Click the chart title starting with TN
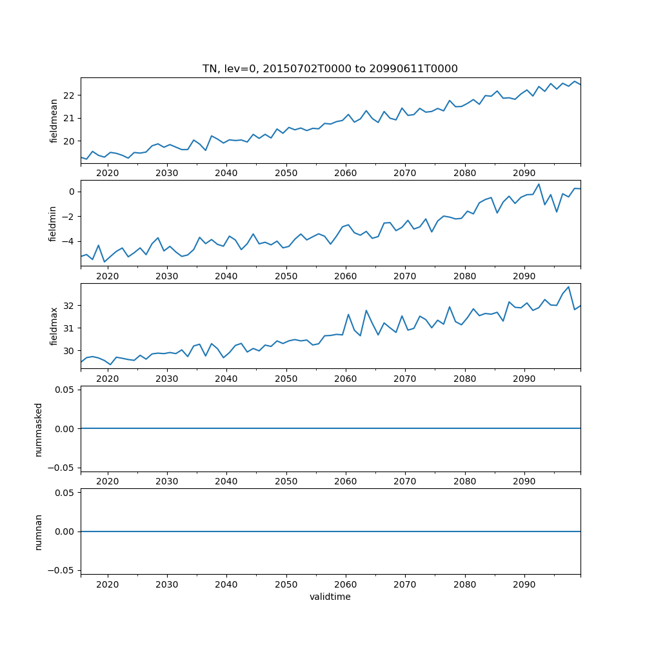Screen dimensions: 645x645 pos(330,69)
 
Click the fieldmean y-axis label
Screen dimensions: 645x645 pos(54,121)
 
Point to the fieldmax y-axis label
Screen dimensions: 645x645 pos(54,326)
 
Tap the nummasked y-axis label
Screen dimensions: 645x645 pos(39,429)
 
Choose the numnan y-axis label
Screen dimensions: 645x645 pos(39,531)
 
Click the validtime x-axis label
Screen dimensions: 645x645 pos(330,597)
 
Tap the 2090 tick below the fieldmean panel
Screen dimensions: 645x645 pos(524,173)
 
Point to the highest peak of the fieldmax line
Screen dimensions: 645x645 pos(568,287)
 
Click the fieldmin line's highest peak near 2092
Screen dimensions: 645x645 pos(539,184)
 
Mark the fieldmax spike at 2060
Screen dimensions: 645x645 pos(348,315)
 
